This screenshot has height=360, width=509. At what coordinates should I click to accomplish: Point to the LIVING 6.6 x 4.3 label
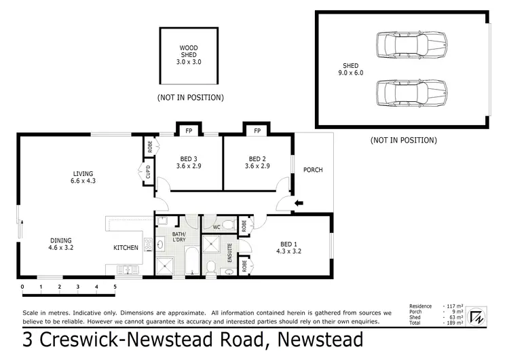[x=83, y=177]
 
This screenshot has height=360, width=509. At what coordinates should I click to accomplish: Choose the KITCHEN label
[x=126, y=248]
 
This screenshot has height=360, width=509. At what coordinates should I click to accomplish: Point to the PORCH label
[x=313, y=170]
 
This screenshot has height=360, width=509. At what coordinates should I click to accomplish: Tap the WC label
[x=216, y=227]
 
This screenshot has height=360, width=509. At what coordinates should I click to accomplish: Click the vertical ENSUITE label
[x=230, y=253]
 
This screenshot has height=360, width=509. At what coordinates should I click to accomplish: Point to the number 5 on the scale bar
[x=115, y=287]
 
